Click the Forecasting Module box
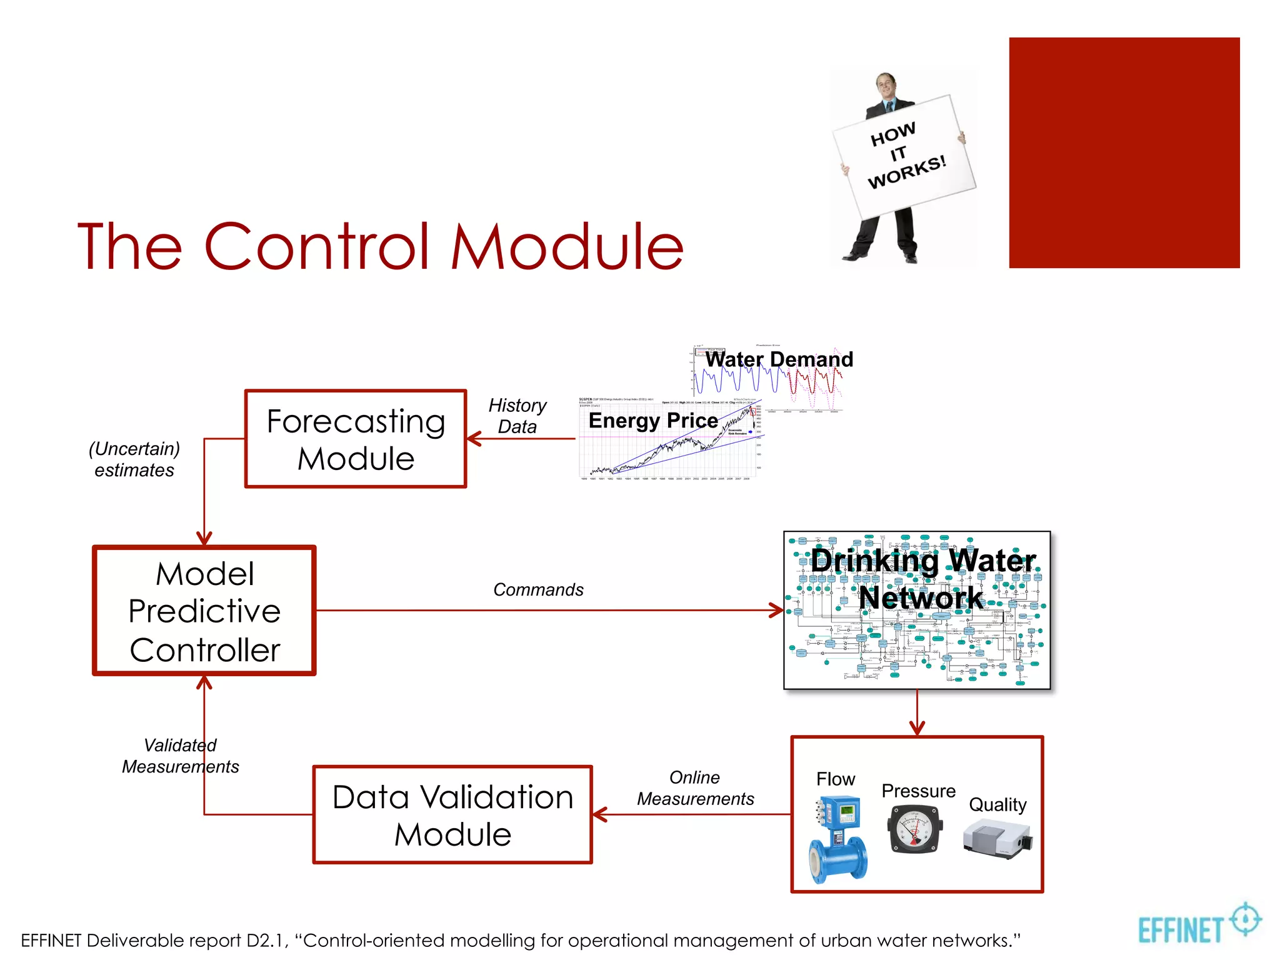(x=356, y=439)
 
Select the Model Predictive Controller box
(x=204, y=611)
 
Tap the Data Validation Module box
(x=452, y=815)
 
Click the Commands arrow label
(x=538, y=589)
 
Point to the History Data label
(x=517, y=416)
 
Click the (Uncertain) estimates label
(x=134, y=459)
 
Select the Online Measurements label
(x=695, y=788)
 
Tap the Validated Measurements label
(x=180, y=756)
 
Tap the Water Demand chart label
(x=779, y=359)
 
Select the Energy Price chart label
(x=653, y=421)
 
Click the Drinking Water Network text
(x=922, y=579)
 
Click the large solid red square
(x=1124, y=152)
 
